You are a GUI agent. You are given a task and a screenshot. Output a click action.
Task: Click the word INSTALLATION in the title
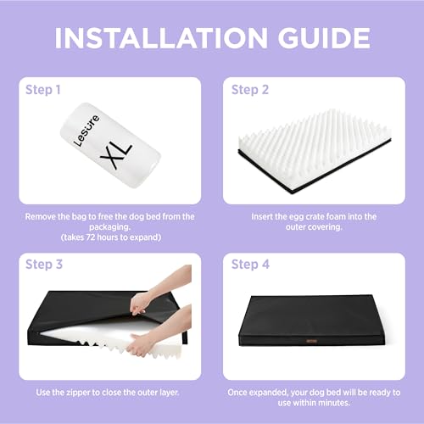tap(161, 38)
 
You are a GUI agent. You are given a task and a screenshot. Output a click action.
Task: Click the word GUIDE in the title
tap(324, 38)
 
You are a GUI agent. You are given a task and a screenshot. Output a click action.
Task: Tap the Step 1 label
tap(43, 90)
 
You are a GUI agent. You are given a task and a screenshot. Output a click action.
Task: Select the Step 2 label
tap(250, 90)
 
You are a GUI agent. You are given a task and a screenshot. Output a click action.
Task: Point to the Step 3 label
tap(44, 265)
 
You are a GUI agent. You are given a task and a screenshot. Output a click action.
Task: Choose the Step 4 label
tap(250, 265)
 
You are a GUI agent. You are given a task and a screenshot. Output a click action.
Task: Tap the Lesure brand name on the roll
tap(86, 131)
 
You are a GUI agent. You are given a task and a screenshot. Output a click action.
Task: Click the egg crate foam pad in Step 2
tap(315, 151)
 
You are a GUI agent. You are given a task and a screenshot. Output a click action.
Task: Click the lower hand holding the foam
tap(161, 333)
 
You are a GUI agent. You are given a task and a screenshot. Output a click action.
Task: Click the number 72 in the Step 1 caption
tap(90, 237)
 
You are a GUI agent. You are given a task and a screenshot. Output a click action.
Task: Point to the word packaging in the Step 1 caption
tap(110, 227)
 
